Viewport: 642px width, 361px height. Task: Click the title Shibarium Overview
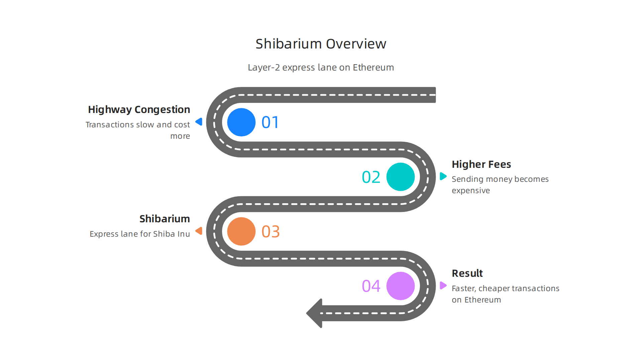pyautogui.click(x=321, y=44)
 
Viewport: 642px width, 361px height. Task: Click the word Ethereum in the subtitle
pyautogui.click(x=373, y=68)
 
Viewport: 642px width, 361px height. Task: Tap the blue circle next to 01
pyautogui.click(x=241, y=122)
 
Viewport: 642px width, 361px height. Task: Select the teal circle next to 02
pyautogui.click(x=400, y=177)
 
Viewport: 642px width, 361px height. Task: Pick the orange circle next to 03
pyautogui.click(x=241, y=231)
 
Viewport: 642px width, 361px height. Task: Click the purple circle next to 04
pyautogui.click(x=400, y=286)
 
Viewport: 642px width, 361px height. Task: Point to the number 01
pyautogui.click(x=270, y=122)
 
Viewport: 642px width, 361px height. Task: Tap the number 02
pyautogui.click(x=371, y=177)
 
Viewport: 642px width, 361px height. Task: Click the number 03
pyautogui.click(x=270, y=232)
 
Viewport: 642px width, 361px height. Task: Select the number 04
pyautogui.click(x=371, y=286)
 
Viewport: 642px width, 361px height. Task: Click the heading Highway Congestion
pyautogui.click(x=139, y=110)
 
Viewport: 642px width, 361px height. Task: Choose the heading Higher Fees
pyautogui.click(x=481, y=164)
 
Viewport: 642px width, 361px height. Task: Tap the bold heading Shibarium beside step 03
pyautogui.click(x=165, y=219)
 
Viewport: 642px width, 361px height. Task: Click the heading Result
pyautogui.click(x=467, y=273)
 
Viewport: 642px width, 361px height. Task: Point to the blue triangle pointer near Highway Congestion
pyautogui.click(x=199, y=122)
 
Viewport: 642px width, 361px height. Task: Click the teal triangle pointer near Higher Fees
pyautogui.click(x=443, y=176)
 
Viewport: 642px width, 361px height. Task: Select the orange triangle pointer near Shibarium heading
pyautogui.click(x=199, y=231)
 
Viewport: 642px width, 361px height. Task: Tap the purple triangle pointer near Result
pyautogui.click(x=443, y=285)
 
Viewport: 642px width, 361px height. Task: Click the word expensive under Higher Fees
pyautogui.click(x=470, y=191)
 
